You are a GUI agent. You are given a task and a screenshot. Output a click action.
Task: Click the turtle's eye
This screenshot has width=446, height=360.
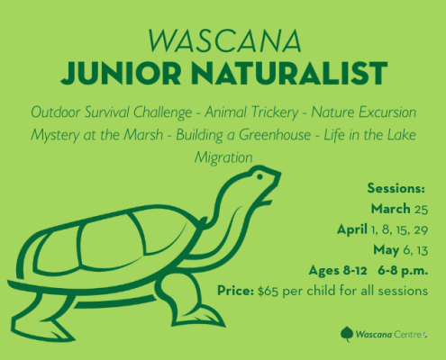pos(259,176)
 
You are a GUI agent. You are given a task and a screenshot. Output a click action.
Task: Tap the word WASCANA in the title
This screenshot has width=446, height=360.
pos(224,40)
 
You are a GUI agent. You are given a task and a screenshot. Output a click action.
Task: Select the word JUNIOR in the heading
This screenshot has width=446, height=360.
pos(121,73)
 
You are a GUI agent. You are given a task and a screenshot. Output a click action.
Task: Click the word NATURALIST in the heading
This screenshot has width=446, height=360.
pos(289,73)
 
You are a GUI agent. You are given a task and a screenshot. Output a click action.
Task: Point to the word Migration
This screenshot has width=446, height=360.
pos(223,157)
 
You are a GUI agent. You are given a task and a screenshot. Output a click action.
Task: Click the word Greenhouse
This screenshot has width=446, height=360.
pos(275,135)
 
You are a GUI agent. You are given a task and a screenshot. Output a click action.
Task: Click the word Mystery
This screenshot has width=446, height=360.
pos(55,135)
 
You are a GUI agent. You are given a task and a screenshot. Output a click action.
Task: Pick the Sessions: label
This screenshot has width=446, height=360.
pos(396,188)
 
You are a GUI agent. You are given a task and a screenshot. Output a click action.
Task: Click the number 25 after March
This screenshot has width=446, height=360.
pos(421,209)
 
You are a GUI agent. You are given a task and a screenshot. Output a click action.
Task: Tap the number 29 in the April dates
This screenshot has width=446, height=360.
pos(421,229)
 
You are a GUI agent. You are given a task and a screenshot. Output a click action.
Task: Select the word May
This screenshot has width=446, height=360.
pos(387,250)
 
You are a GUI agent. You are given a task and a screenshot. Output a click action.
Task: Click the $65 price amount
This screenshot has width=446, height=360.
pos(268,291)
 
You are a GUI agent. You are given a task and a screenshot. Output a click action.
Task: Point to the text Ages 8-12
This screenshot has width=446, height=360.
pos(338,271)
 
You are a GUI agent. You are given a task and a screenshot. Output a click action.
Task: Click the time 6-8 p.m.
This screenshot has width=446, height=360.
pos(403,271)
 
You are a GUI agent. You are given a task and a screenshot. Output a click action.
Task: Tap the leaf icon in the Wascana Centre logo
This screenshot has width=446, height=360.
pos(347,334)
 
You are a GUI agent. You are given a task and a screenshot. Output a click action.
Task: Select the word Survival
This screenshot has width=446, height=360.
pos(107,112)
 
